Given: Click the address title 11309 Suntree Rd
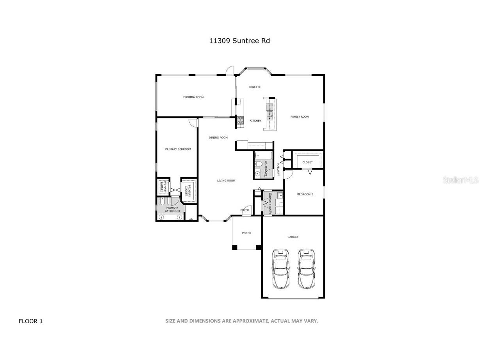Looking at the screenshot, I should (x=239, y=41).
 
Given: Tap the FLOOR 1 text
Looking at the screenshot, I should (x=31, y=321).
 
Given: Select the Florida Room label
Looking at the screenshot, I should (x=193, y=97).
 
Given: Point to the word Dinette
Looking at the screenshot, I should (x=255, y=87).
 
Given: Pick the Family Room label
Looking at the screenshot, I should (x=300, y=116).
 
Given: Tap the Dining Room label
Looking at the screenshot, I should (x=218, y=138).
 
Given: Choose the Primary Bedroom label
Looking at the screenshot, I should (x=178, y=149).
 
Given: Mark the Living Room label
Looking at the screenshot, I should (x=226, y=181).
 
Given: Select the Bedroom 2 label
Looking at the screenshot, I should (x=305, y=194).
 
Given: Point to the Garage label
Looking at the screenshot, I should (x=293, y=237).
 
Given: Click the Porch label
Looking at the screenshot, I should (x=246, y=233).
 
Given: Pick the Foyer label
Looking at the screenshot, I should (x=244, y=210).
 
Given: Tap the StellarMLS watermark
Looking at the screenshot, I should (x=460, y=180).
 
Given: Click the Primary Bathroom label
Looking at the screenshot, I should (x=172, y=210).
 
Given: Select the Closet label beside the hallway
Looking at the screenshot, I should (x=307, y=162).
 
